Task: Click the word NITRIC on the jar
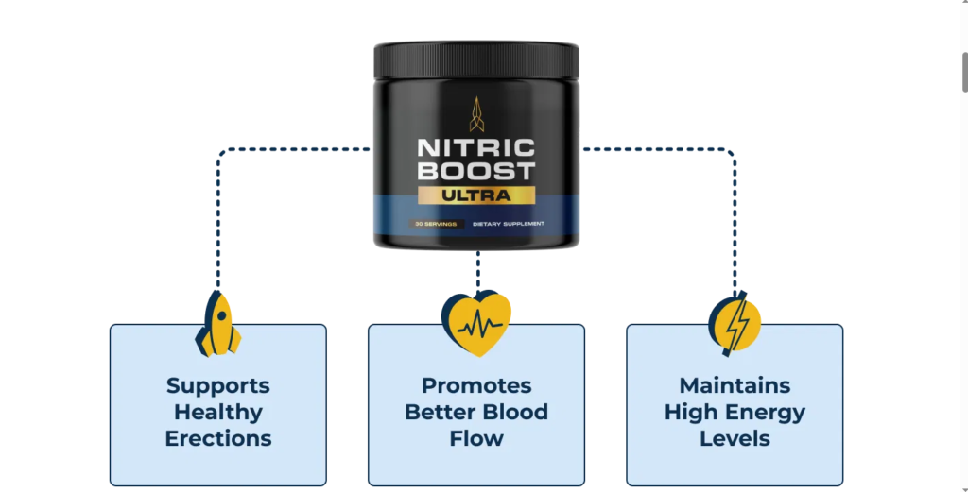(x=476, y=149)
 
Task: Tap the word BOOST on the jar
(x=476, y=172)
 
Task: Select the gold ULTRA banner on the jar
(x=476, y=195)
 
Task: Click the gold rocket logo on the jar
(x=476, y=113)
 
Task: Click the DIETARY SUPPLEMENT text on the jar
(x=509, y=224)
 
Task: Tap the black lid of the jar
(x=476, y=59)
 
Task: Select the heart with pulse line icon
(x=476, y=323)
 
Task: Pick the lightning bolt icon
(x=735, y=323)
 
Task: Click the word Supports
(x=218, y=385)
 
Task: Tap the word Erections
(x=218, y=438)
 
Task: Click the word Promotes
(x=476, y=385)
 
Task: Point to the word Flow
(x=476, y=438)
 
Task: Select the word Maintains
(x=735, y=385)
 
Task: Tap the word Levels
(x=735, y=438)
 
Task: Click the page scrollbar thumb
(x=963, y=72)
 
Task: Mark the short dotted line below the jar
(x=477, y=270)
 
